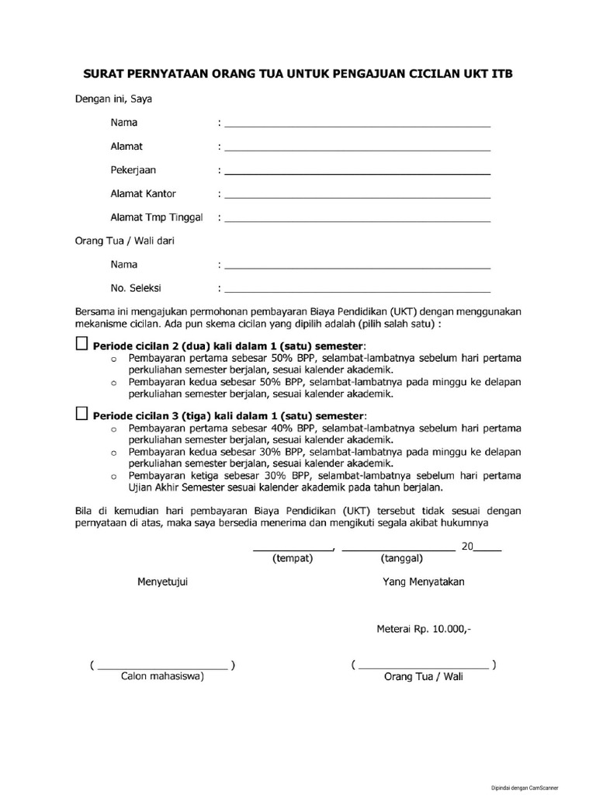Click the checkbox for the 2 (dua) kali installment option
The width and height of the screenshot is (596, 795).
click(81, 344)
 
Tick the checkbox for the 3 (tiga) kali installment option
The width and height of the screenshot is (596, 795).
click(81, 415)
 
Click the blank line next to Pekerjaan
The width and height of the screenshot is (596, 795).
click(357, 172)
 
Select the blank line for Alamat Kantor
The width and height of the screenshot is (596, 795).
click(357, 196)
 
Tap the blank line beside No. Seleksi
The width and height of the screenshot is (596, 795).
click(357, 290)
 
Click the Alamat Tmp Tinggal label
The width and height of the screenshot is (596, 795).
click(156, 218)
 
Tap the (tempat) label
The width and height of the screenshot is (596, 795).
click(293, 559)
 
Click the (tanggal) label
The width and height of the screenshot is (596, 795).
click(401, 559)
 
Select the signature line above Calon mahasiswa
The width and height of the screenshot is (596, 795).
click(162, 667)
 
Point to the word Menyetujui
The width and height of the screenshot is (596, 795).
click(163, 582)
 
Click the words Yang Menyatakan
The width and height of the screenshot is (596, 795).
click(423, 582)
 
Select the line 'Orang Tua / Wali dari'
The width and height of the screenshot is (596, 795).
click(124, 241)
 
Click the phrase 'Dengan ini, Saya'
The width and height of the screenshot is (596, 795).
click(113, 99)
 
